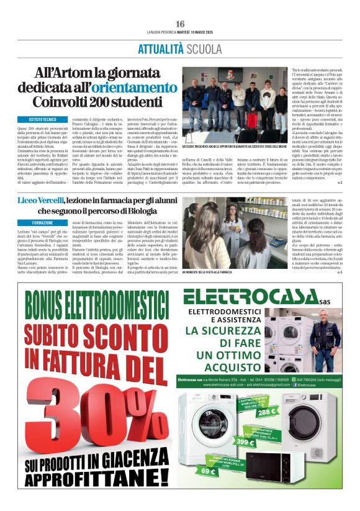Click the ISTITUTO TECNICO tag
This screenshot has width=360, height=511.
point(43,119)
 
